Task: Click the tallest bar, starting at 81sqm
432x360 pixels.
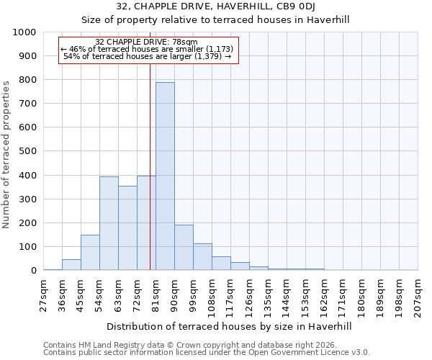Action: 165,176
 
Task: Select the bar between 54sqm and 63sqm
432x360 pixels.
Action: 109,223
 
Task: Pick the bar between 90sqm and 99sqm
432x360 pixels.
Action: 184,248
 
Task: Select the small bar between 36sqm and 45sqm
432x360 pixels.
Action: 71,265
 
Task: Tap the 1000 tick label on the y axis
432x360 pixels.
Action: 24,32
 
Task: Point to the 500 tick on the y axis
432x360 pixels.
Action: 27,151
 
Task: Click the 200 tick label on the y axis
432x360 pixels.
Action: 27,223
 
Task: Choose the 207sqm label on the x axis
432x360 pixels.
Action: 418,297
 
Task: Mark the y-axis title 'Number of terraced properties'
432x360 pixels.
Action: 6,155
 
